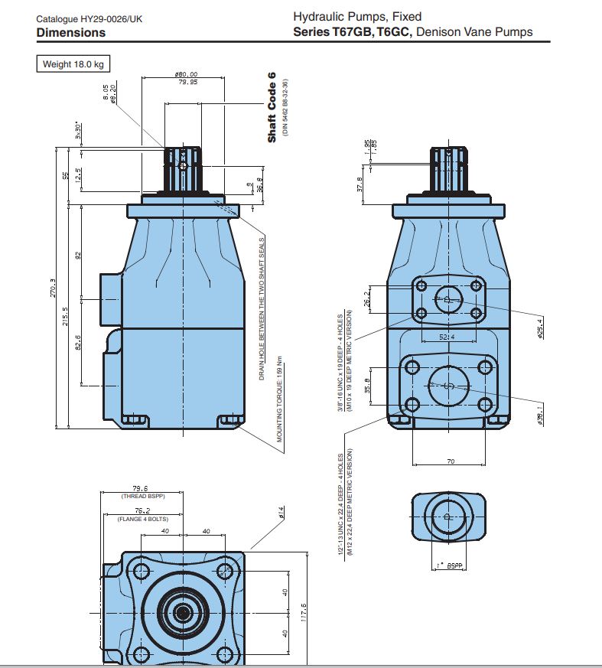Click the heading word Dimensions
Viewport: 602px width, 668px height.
(x=70, y=33)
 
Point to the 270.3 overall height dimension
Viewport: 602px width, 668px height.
(x=53, y=288)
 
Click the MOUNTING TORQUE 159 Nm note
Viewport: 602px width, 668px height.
(x=280, y=399)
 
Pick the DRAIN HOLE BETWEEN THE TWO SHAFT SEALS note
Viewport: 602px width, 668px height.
(x=261, y=308)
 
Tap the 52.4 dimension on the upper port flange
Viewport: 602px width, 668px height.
(x=448, y=336)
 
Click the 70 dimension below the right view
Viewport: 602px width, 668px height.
(x=451, y=461)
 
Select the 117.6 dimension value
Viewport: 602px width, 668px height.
(x=304, y=614)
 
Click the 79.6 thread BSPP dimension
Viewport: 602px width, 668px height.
(x=139, y=488)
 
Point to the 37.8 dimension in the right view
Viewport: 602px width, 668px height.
(x=360, y=186)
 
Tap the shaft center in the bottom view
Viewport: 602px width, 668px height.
(x=183, y=611)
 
